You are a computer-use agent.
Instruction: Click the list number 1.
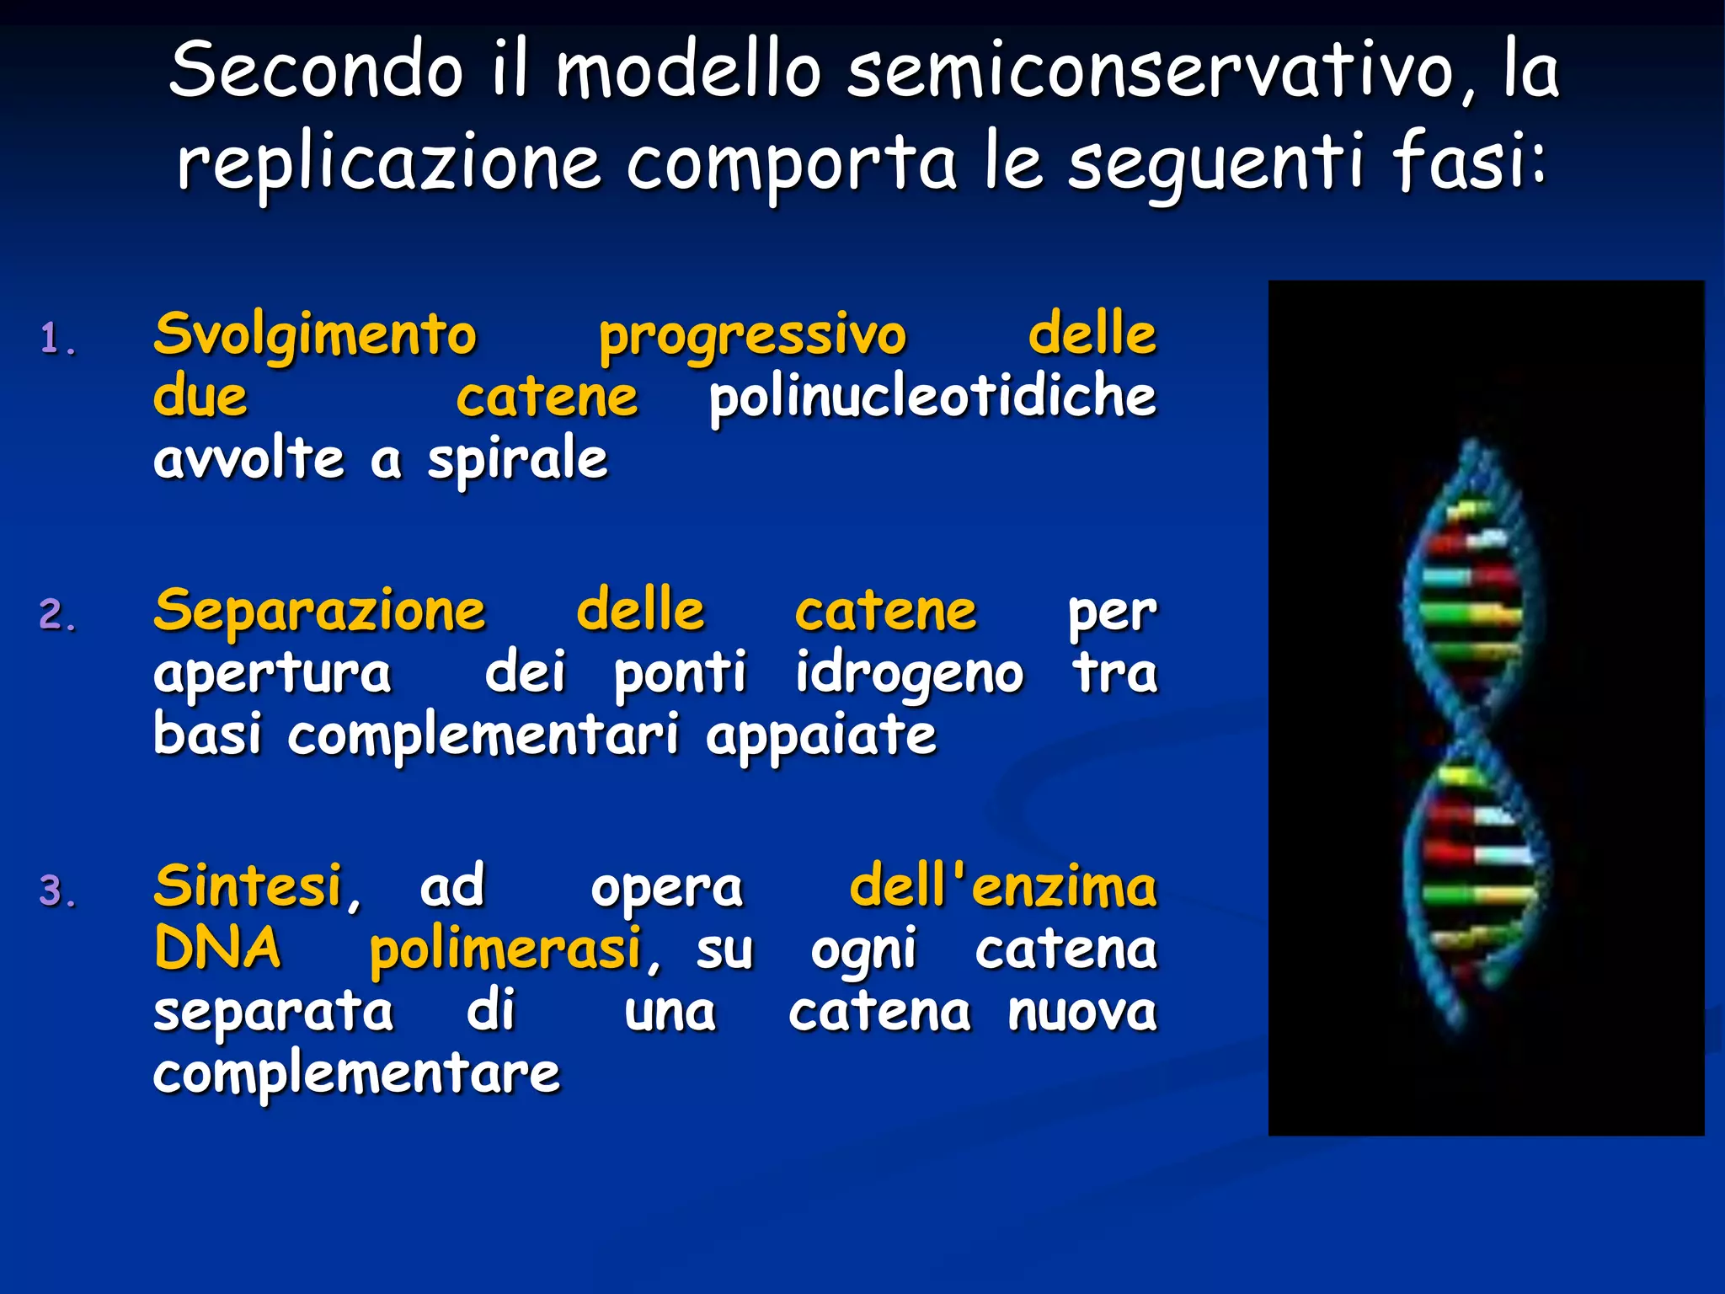coord(58,340)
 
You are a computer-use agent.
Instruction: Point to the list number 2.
coord(58,615)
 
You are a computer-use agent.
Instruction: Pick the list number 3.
coord(58,891)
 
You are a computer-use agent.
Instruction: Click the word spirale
coord(517,461)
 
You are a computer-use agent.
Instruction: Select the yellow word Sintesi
coord(248,887)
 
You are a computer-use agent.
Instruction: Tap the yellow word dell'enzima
coord(1002,887)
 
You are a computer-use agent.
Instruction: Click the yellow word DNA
coord(217,949)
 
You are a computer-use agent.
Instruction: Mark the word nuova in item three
coord(1081,1013)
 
